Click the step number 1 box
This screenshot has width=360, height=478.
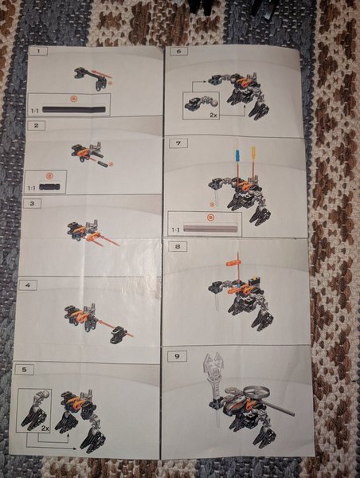pos(37,52)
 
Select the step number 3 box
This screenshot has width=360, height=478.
pos(32,203)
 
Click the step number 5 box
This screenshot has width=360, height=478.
pos(25,370)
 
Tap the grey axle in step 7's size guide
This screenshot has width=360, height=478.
pos(211,228)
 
